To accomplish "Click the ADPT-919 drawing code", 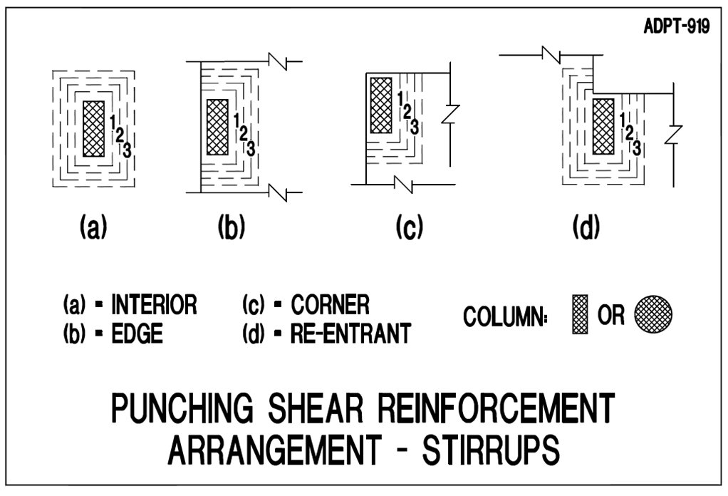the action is tap(677, 26).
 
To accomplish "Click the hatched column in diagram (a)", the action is tap(94, 129).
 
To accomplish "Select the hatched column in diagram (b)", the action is tap(217, 127).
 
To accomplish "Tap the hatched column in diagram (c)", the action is tap(380, 105).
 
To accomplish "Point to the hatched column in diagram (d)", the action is tap(603, 126).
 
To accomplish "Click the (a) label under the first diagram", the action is tap(94, 227).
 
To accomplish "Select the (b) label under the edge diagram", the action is tap(232, 227).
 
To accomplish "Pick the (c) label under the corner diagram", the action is tap(410, 227).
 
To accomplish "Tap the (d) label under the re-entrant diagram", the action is tap(586, 227).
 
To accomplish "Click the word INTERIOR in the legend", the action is tap(154, 305).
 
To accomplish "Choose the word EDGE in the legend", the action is tap(137, 334).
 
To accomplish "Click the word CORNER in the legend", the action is tap(330, 305).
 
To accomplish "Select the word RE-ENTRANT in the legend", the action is tap(351, 334).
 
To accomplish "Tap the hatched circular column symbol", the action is tap(653, 314).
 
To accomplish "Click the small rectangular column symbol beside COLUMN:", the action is tap(580, 314).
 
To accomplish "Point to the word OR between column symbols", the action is tap(611, 315).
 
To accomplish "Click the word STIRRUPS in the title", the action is tap(492, 450).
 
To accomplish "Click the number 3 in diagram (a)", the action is tap(127, 150).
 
